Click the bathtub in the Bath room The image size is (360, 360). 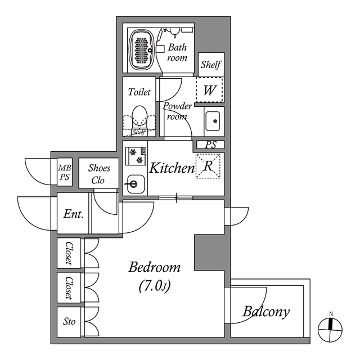point(143,49)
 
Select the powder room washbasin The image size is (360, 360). point(213,121)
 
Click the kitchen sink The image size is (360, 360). point(134,183)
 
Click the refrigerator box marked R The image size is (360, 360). point(208,166)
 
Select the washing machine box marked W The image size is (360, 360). point(209,89)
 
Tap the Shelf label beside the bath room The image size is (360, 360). point(211,65)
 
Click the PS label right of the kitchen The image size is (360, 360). point(211,145)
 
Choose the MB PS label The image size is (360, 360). point(65,172)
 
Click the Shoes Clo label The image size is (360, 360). point(99,175)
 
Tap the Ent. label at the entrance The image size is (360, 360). point(74,214)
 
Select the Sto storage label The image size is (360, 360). point(69,322)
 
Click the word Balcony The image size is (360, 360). point(266,311)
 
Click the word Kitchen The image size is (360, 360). point(172,168)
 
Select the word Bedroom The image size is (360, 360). point(154,267)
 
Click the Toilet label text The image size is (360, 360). point(139,92)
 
